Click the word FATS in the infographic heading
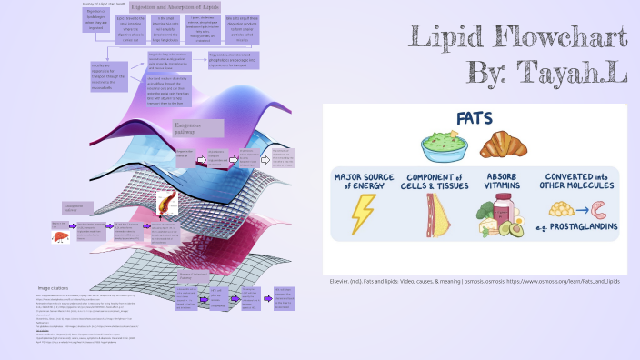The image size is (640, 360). (x=474, y=119)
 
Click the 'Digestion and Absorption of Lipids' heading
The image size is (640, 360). (x=175, y=6)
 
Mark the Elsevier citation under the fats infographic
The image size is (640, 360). (x=475, y=282)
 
